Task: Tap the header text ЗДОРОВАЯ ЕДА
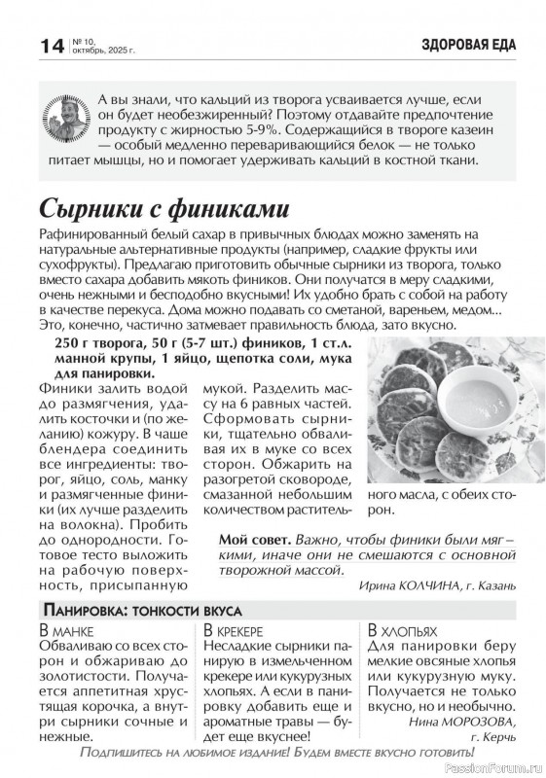[468, 44]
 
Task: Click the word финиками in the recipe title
[233, 208]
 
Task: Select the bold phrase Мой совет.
[254, 540]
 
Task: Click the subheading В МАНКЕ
[64, 630]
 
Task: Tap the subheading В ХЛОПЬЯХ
[402, 630]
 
